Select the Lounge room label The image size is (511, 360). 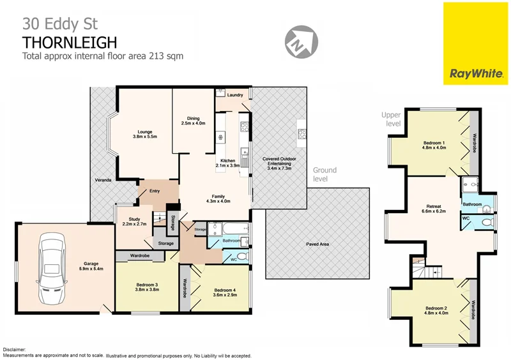[144, 133]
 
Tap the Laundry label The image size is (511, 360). [235, 95]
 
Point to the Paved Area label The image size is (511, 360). [317, 244]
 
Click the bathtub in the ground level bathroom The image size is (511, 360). [224, 229]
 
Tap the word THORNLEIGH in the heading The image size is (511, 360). [70, 42]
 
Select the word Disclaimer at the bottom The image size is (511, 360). [15, 350]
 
